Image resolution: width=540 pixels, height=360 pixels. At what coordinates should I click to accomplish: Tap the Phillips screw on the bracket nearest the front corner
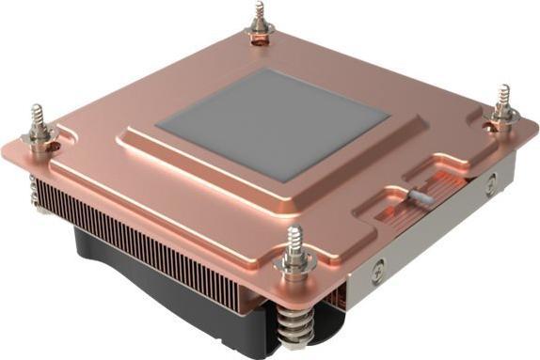coord(379,266)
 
